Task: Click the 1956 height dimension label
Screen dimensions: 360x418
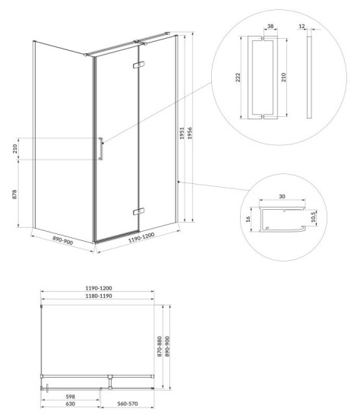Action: pyautogui.click(x=190, y=133)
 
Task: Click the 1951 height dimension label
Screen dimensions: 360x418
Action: pyautogui.click(x=182, y=133)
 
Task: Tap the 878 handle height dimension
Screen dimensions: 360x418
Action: pyautogui.click(x=14, y=194)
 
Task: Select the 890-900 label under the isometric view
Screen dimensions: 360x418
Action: pyautogui.click(x=62, y=240)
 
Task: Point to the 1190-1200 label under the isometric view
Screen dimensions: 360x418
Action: pyautogui.click(x=141, y=237)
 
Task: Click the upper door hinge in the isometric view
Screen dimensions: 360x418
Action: pyautogui.click(x=138, y=65)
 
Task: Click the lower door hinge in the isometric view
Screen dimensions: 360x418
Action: pyautogui.click(x=138, y=211)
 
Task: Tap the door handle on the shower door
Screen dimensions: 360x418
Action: pyautogui.click(x=101, y=149)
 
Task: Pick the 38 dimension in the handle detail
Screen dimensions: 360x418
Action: pyautogui.click(x=270, y=26)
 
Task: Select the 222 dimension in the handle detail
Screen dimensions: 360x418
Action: pyautogui.click(x=238, y=78)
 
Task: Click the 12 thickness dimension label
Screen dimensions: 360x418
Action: pyautogui.click(x=302, y=26)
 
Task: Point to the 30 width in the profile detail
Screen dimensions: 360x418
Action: pyautogui.click(x=282, y=197)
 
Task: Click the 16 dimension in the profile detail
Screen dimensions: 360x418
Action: pyautogui.click(x=248, y=219)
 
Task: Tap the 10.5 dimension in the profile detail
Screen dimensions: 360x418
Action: pyautogui.click(x=314, y=217)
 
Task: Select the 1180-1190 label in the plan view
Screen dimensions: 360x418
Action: pyautogui.click(x=99, y=296)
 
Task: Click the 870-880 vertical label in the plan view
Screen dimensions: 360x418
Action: pyautogui.click(x=159, y=347)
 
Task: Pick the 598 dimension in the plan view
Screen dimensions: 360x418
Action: pyautogui.click(x=71, y=397)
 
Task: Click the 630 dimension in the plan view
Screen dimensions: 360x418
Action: pyautogui.click(x=71, y=404)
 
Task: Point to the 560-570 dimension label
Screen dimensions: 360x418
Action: pyautogui.click(x=128, y=404)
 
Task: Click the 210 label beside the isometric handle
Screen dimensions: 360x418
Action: pyautogui.click(x=14, y=149)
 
